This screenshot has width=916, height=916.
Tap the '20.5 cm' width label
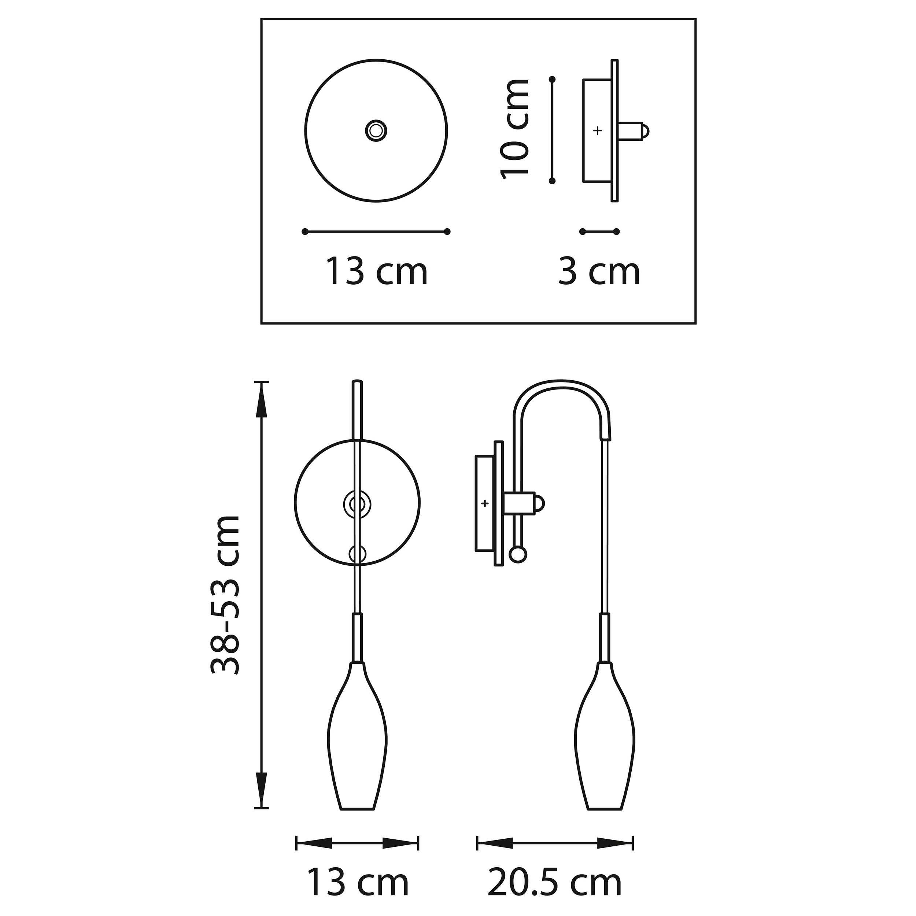tap(554, 883)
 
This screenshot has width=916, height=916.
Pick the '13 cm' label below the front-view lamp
tap(358, 883)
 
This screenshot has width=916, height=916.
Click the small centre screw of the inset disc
tap(376, 130)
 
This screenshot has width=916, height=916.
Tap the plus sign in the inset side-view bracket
tap(597, 130)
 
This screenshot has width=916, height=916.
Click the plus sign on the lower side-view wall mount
tap(484, 503)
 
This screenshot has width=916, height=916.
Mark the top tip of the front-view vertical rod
tap(357, 382)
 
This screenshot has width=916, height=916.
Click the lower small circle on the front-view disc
tap(358, 554)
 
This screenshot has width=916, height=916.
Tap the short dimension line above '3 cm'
tap(599, 231)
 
